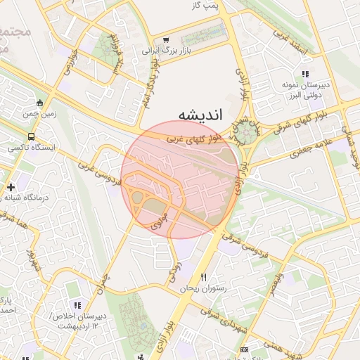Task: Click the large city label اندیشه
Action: (x=200, y=114)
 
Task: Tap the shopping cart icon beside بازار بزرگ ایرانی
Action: (x=166, y=41)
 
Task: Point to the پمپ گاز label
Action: (x=207, y=6)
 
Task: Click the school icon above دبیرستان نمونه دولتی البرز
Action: (x=304, y=73)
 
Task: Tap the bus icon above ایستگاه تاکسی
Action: (x=30, y=136)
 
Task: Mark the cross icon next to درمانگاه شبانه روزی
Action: (x=11, y=187)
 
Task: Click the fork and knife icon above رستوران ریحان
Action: (x=205, y=277)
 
